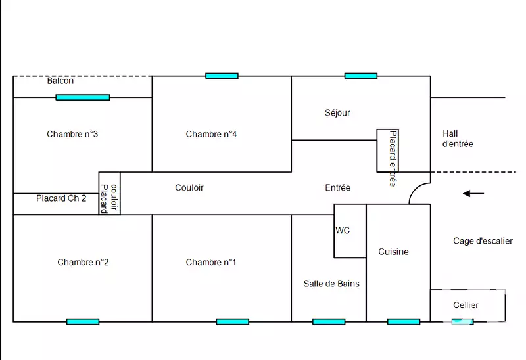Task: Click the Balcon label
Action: point(60,81)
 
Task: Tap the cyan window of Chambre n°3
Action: point(83,97)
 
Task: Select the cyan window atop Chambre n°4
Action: point(222,76)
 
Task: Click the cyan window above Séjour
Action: point(361,76)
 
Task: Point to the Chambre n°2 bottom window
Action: point(83,322)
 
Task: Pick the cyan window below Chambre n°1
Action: point(233,322)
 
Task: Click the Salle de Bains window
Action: point(329,322)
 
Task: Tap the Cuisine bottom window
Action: point(404,322)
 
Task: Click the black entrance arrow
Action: point(473,193)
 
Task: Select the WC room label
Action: point(343,231)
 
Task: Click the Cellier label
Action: point(466,305)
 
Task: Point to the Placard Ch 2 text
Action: point(61,198)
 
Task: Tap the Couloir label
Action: point(189,187)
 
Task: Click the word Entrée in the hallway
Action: point(337,187)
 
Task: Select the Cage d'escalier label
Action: point(483,241)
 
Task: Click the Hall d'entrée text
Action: point(458,139)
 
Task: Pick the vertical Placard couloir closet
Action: point(109,193)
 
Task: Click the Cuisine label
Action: point(393,252)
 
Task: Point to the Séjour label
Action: point(337,112)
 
